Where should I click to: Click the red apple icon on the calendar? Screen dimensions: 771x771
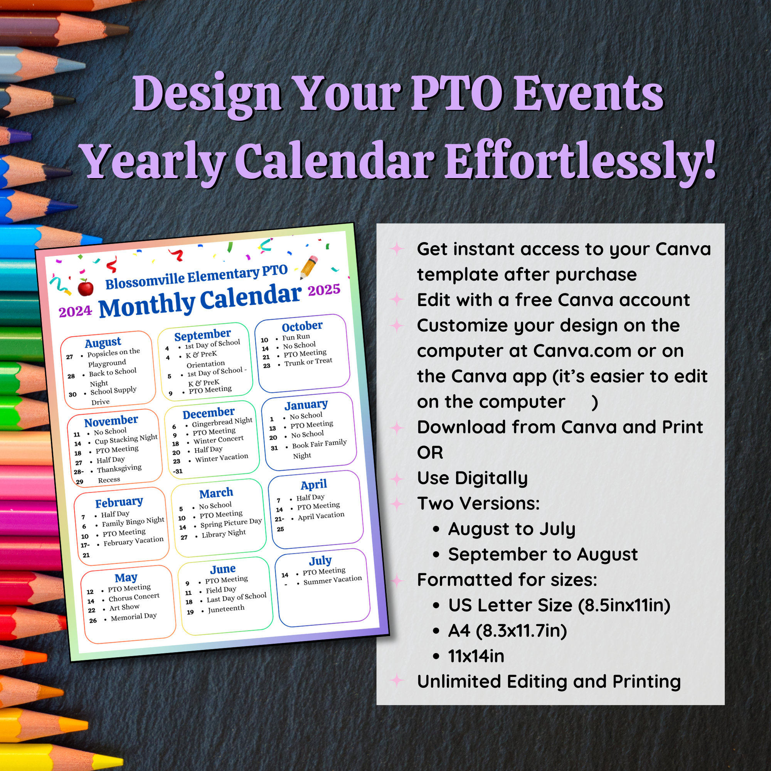pos(86,287)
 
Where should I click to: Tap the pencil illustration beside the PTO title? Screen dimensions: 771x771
pos(309,267)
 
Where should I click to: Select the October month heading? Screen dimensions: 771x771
pos(302,327)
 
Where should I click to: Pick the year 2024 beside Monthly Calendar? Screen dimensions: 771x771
pos(76,311)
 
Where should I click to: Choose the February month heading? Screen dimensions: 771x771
pos(119,502)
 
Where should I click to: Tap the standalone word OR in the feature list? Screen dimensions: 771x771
pos(430,453)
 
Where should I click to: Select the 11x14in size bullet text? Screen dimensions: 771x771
pos(476,656)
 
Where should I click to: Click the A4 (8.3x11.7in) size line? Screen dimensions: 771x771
pos(507,631)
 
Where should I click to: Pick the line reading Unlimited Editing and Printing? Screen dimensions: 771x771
pos(549,682)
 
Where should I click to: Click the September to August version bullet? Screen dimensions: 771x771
pos(543,554)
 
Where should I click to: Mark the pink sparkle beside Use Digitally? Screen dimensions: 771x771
pos(397,478)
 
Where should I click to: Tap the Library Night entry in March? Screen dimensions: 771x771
pos(224,534)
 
